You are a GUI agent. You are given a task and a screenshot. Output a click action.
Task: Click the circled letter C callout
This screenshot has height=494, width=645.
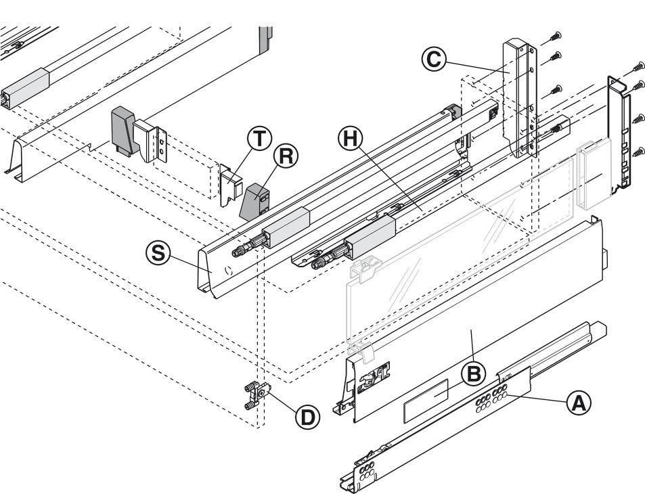[434, 60]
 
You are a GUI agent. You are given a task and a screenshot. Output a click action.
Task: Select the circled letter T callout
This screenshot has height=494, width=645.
[259, 139]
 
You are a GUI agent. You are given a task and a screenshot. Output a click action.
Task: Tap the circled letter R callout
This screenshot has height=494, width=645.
[286, 156]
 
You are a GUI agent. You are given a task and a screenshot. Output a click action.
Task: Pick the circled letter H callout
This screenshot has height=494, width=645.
[351, 139]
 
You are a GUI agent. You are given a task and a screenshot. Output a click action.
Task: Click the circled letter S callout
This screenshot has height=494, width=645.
[158, 253]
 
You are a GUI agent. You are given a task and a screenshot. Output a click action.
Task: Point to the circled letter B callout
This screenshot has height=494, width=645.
[474, 374]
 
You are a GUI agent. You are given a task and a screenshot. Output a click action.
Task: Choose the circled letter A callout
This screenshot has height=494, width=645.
[579, 402]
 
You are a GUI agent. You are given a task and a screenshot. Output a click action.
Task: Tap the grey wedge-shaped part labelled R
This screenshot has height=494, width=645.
[253, 202]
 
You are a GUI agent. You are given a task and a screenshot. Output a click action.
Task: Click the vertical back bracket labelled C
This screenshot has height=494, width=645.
[520, 99]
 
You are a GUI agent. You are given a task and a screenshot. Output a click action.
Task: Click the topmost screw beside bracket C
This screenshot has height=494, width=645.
[555, 36]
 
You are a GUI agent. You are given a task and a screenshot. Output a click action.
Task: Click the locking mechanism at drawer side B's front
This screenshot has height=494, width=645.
[374, 375]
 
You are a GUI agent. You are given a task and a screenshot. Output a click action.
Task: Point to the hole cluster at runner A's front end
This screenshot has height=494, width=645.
[366, 472]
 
